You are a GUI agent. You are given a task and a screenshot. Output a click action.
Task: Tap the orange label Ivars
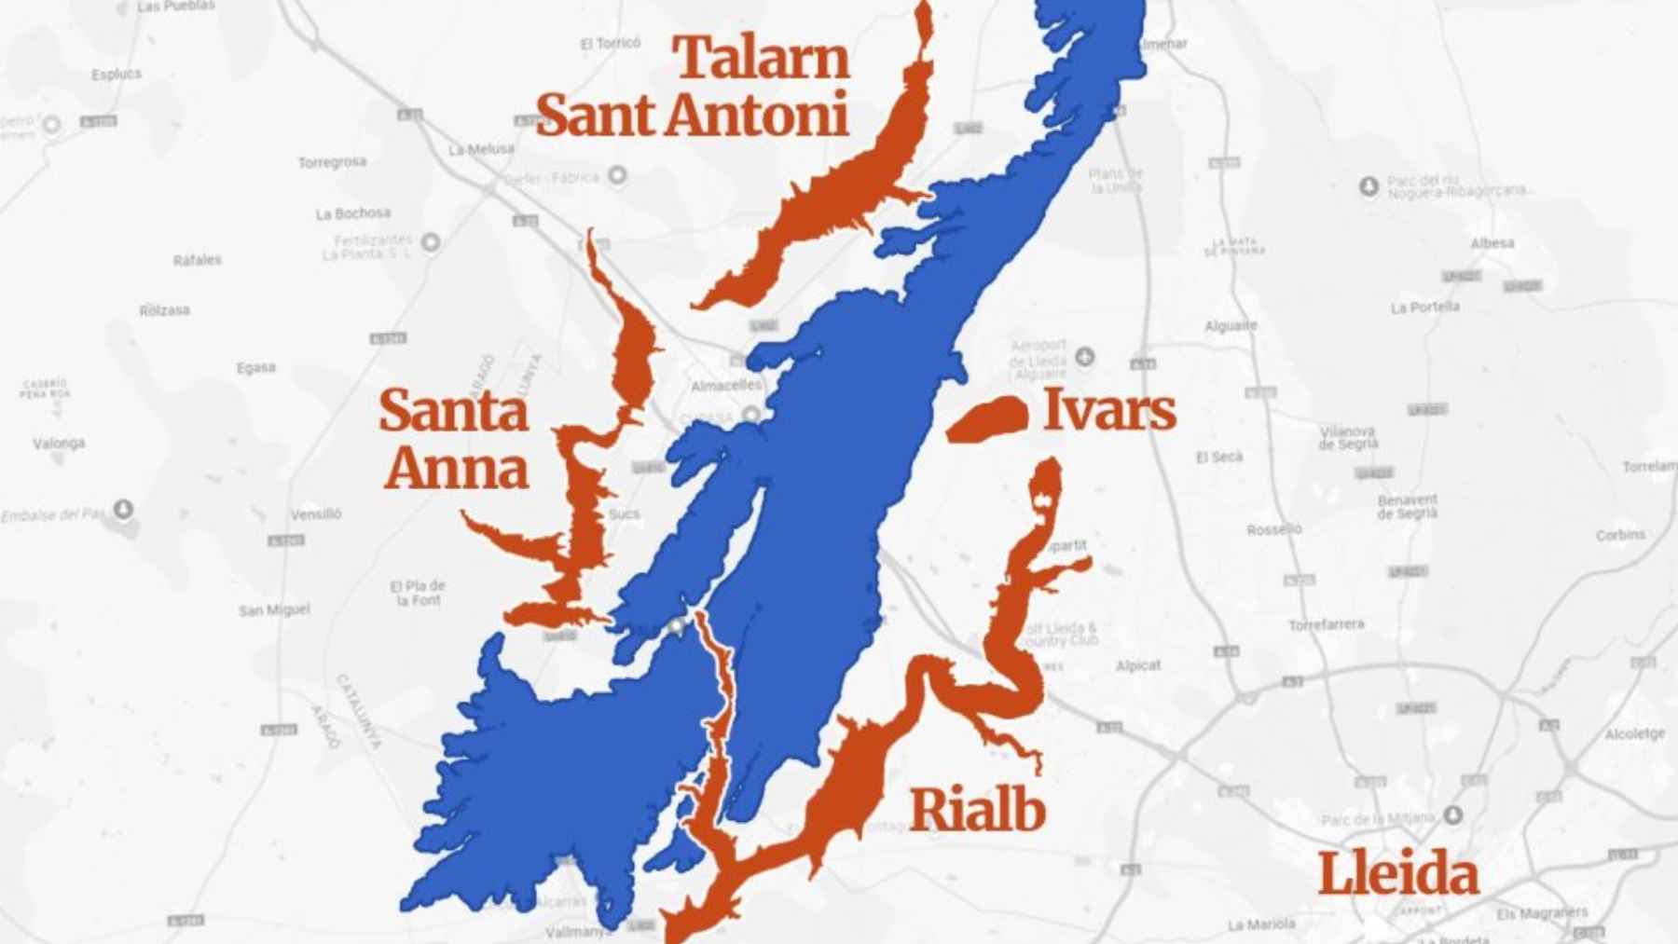1108,410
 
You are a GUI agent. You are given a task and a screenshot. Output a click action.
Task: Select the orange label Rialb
976,809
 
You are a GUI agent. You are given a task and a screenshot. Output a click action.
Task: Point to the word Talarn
762,58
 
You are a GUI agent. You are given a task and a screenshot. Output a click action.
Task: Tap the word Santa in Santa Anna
453,411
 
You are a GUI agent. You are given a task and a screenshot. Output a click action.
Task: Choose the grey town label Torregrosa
332,162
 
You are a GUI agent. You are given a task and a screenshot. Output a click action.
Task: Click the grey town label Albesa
1492,243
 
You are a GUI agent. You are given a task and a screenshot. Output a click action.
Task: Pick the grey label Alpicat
1138,665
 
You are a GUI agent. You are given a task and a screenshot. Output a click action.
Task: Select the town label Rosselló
1273,529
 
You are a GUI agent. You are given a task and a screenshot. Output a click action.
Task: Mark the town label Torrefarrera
1326,624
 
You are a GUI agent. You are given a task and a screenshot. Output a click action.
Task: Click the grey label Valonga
59,443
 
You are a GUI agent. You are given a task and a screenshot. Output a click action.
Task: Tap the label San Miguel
274,609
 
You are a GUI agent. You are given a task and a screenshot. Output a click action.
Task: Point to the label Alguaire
1231,326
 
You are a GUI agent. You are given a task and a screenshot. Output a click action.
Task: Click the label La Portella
1424,308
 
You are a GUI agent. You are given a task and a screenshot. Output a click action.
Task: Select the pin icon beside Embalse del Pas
123,509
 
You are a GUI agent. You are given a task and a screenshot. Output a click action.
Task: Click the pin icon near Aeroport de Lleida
1084,356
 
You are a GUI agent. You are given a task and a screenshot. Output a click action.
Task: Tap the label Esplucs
117,74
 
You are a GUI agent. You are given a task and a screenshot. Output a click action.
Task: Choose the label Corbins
1620,535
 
